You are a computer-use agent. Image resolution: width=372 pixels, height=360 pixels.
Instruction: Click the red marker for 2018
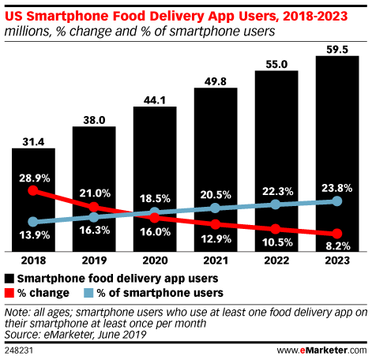[32, 190]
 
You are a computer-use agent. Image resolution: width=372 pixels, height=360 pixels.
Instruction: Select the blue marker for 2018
[32, 222]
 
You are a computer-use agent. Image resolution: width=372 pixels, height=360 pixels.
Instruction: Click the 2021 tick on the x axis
[216, 261]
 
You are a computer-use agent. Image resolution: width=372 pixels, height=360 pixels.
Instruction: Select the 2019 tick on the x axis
[93, 261]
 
